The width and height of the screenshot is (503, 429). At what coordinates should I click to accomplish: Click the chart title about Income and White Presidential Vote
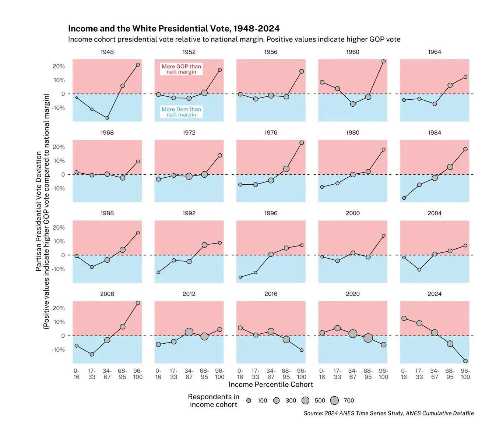(174, 29)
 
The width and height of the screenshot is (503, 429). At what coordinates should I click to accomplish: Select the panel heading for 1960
(352, 52)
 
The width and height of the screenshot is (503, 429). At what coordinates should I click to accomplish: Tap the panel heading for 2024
(435, 294)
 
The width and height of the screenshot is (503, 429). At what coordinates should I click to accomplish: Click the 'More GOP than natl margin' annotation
(182, 69)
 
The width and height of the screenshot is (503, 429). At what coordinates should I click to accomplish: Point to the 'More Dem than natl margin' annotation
(182, 112)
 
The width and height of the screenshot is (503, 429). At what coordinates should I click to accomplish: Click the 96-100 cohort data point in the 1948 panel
(138, 65)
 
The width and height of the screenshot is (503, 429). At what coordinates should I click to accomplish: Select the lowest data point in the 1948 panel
(107, 118)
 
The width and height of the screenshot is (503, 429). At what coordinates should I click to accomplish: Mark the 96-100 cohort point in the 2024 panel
(465, 361)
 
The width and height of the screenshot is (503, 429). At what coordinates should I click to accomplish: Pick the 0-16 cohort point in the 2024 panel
(404, 318)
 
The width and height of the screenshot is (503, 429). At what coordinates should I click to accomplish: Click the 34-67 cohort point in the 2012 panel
(189, 332)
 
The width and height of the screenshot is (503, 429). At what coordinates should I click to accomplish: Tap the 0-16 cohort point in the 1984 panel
(404, 198)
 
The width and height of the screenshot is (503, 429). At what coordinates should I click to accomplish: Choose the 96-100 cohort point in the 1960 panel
(383, 61)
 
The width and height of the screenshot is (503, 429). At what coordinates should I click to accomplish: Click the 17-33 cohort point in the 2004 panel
(419, 270)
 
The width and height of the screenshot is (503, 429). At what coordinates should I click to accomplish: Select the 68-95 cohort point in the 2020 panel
(368, 338)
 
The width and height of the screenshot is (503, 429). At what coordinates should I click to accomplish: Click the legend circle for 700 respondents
(334, 401)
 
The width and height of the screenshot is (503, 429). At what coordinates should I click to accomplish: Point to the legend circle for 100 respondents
(249, 401)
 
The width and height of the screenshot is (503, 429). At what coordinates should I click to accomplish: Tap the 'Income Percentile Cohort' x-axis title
(271, 384)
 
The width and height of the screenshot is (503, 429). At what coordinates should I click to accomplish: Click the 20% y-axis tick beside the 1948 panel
(59, 66)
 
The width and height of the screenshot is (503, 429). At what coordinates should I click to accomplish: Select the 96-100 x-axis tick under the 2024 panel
(465, 374)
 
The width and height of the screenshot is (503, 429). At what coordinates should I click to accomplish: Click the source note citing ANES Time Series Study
(388, 413)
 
